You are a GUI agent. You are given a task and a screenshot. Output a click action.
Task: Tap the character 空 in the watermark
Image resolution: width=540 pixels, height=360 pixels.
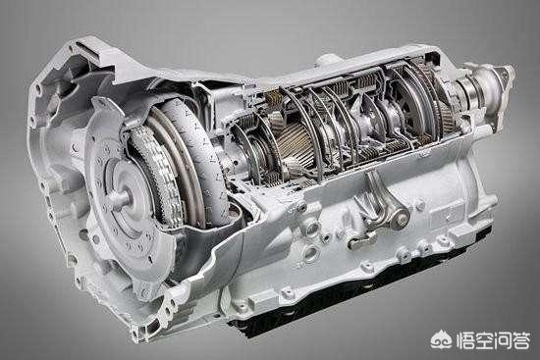click(x=483, y=340)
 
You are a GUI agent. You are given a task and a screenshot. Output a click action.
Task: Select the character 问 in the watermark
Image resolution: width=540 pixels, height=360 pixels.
click(x=502, y=340)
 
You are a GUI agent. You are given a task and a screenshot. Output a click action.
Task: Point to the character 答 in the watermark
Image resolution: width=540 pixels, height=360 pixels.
click(x=520, y=340)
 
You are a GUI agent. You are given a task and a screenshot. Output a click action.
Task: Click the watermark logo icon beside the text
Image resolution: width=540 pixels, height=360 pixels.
click(x=442, y=339)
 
